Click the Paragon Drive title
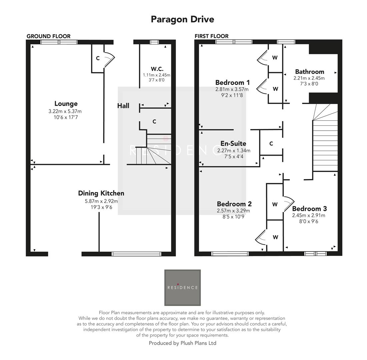pos(182,19)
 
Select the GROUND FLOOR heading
pos(48,36)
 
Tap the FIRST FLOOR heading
pos(211,36)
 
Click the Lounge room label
pos(66,104)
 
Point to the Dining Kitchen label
pos(101,193)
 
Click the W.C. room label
pos(157,69)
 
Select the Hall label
pos(123,106)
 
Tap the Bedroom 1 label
pos(232,83)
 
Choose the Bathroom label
pos(309,72)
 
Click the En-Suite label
pos(233,144)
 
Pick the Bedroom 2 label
pos(234,204)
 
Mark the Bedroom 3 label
pos(309,209)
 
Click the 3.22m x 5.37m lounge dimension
pos(65,111)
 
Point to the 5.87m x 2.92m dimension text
pos(101,201)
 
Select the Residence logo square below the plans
pos(182,288)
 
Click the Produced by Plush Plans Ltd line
pos(182,343)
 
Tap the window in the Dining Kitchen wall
pos(136,254)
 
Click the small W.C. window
pos(154,42)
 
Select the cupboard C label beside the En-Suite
pos(271,144)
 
